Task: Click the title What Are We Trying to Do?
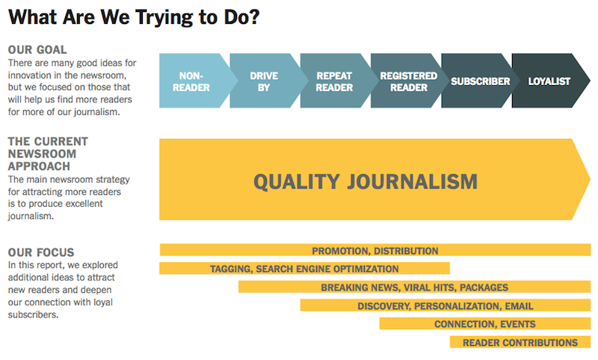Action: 134,16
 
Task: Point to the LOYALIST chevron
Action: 549,81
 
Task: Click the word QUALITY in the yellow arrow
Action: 297,182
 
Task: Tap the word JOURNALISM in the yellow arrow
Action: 413,181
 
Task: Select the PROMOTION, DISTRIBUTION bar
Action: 375,250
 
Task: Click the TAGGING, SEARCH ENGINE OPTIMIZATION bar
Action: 304,268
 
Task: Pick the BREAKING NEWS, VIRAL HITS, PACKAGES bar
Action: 415,287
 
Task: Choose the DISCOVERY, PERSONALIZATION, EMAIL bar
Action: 446,305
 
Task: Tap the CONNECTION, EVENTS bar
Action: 485,323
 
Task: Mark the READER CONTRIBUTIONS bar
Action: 520,342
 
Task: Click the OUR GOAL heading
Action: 37,50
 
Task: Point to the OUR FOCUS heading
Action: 41,252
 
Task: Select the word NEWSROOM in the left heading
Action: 43,154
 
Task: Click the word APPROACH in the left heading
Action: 40,167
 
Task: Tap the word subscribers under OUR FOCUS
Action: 33,314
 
